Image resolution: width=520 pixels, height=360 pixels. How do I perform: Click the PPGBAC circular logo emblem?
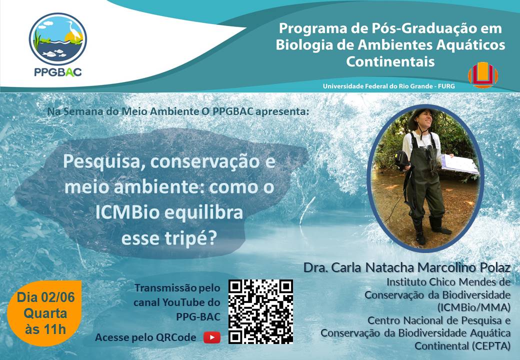tap(58, 39)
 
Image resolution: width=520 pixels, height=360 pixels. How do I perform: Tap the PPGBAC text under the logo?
tap(58, 72)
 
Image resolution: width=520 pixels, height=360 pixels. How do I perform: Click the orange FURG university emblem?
tap(483, 75)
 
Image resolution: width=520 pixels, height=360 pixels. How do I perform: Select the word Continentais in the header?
tap(390, 61)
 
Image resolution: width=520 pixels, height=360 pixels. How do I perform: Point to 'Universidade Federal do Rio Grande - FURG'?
tap(389, 86)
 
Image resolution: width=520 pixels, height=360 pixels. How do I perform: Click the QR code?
tap(260, 311)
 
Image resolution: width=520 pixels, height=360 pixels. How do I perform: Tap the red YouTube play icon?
tap(212, 337)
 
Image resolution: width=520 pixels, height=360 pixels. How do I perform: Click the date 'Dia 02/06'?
tap(46, 297)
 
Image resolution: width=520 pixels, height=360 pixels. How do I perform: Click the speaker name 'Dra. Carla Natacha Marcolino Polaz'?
tap(407, 267)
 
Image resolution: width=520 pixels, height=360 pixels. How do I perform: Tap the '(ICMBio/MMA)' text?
tap(474, 307)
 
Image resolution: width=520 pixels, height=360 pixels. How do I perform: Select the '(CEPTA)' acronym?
tap(490, 345)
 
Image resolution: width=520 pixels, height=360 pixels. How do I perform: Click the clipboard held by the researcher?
tap(459, 164)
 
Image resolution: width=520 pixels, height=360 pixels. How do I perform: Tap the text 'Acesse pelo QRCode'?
tap(145, 337)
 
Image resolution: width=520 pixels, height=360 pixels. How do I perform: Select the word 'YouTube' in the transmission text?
tap(190, 302)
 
